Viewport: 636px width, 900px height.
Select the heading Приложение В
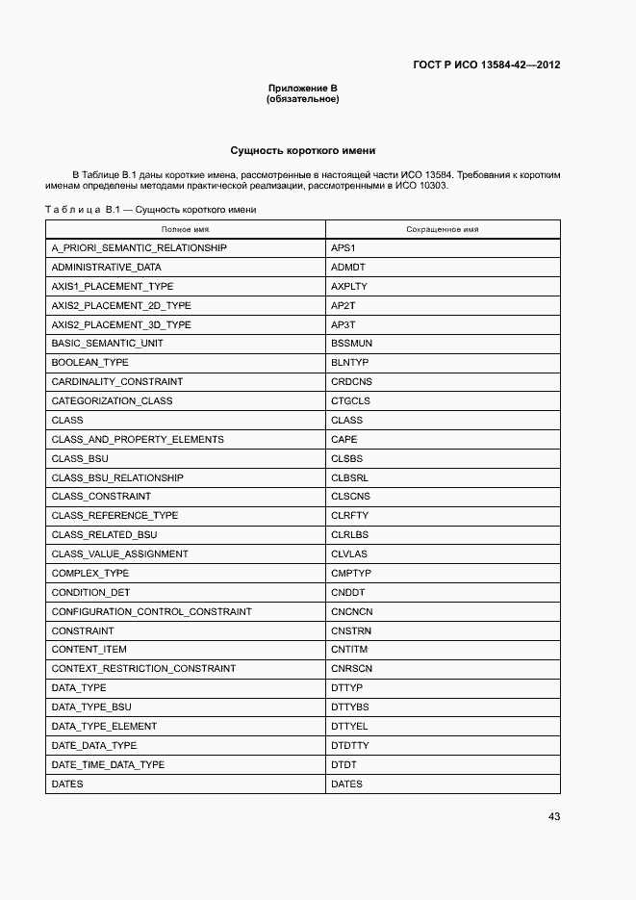click(303, 89)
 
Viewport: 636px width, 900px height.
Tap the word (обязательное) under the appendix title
click(303, 99)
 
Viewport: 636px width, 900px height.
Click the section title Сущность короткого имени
click(303, 150)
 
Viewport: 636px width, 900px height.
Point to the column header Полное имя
click(186, 230)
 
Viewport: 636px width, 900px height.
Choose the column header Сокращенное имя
click(443, 230)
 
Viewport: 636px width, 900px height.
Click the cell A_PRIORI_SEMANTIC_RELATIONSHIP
click(140, 248)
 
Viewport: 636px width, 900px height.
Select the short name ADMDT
click(348, 268)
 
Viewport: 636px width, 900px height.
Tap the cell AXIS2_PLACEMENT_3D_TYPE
click(121, 324)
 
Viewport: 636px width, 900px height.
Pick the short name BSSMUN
click(351, 344)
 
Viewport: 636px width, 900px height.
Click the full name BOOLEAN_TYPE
click(89, 363)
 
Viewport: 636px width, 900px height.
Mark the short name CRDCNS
click(351, 382)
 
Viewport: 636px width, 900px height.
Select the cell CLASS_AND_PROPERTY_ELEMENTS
click(138, 439)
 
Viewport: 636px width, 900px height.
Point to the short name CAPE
click(344, 439)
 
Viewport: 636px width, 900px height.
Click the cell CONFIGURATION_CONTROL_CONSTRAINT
click(152, 611)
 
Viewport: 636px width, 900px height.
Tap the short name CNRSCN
click(351, 669)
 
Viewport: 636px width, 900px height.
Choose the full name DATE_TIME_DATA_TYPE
click(108, 764)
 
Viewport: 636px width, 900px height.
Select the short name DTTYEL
click(350, 727)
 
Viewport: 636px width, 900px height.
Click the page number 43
click(554, 816)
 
